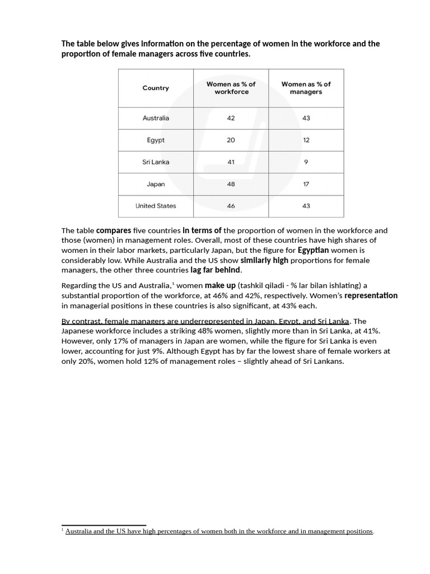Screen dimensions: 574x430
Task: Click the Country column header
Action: (156, 88)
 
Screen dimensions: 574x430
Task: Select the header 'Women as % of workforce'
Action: (231, 88)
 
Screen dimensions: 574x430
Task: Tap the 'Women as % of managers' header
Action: (306, 88)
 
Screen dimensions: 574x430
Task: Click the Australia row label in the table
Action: (156, 118)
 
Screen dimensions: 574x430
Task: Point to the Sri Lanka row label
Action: (156, 162)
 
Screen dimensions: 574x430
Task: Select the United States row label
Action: (156, 206)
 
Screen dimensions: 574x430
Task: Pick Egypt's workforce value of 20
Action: (231, 140)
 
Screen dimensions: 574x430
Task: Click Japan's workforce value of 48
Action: (231, 184)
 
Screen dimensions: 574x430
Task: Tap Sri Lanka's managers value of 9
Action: (306, 162)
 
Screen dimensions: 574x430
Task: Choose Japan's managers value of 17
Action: (306, 184)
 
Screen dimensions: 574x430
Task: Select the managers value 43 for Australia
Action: (306, 118)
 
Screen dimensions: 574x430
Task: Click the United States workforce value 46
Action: (231, 206)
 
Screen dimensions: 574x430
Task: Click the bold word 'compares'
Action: (114, 230)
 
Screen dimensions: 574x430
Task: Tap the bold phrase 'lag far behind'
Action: (216, 270)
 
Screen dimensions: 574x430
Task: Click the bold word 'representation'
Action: (371, 296)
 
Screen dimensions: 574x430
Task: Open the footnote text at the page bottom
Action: (218, 531)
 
